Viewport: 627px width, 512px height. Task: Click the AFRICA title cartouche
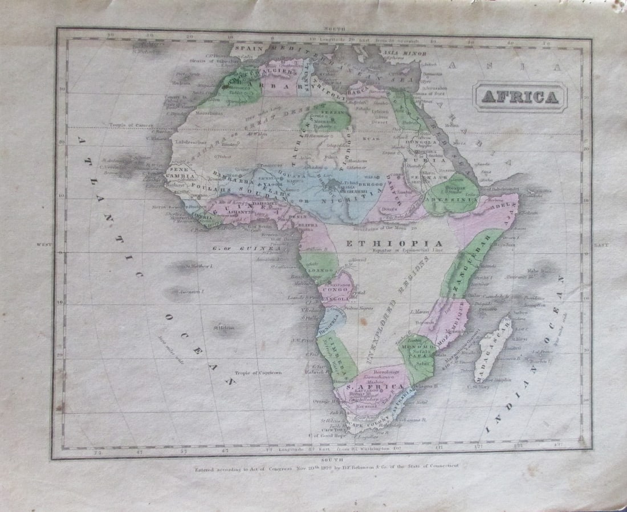pos(520,97)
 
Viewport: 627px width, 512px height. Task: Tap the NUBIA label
pos(434,161)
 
